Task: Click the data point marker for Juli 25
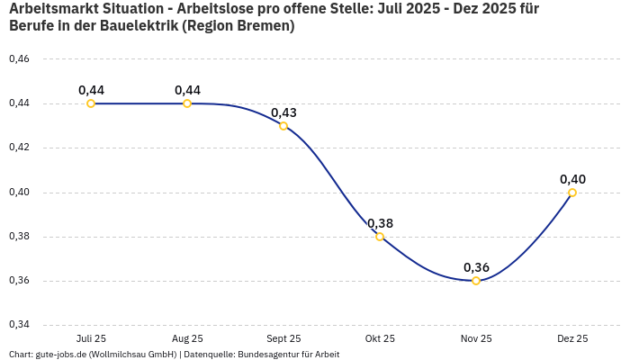(x=91, y=103)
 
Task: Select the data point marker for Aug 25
(x=187, y=103)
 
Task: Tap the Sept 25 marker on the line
(x=283, y=126)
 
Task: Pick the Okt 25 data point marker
(x=380, y=237)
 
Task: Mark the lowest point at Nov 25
(x=476, y=281)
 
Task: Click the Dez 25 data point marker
(x=572, y=193)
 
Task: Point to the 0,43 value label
(x=283, y=112)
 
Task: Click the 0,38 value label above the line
(x=380, y=223)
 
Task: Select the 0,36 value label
(x=476, y=267)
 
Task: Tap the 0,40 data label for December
(x=572, y=179)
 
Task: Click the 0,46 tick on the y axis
(x=19, y=59)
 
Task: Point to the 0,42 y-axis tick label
(x=19, y=148)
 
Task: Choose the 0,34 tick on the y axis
(x=19, y=325)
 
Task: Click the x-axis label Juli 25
(x=91, y=338)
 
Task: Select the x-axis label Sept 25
(x=283, y=338)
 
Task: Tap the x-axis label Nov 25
(x=476, y=338)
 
